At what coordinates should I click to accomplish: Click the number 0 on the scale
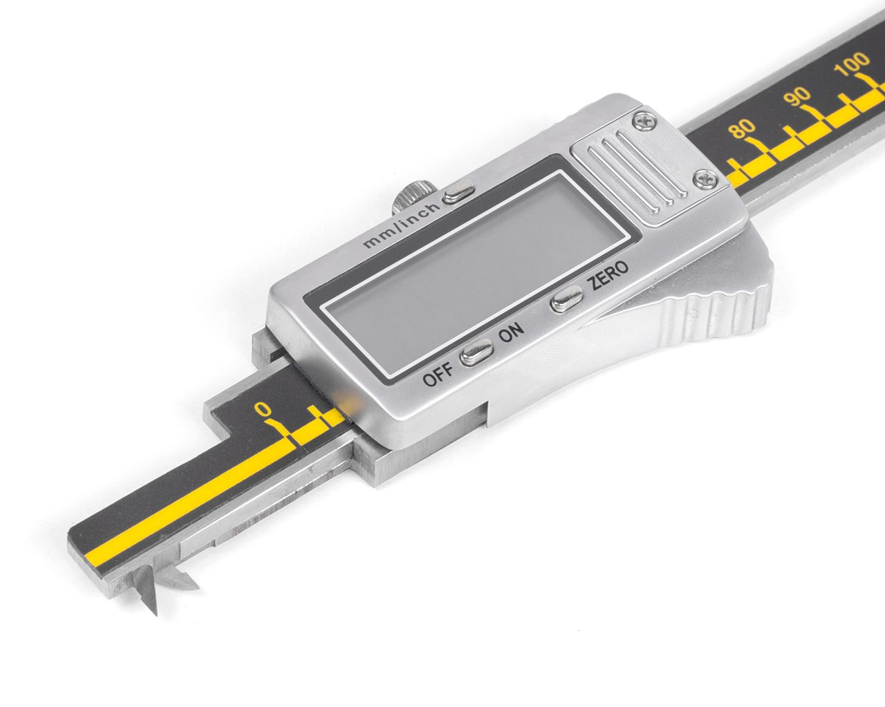point(262,408)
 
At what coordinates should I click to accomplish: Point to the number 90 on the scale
point(796,96)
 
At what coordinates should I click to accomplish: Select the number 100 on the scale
point(852,64)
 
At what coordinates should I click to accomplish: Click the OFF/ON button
point(476,352)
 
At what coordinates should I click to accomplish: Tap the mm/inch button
point(458,191)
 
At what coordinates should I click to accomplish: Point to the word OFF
point(438,374)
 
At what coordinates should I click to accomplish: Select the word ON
point(511,332)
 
